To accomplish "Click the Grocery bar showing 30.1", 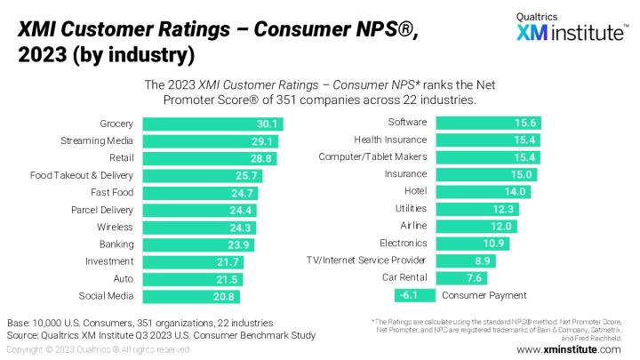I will pyautogui.click(x=212, y=124).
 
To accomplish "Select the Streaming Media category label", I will pyautogui.click(x=97, y=140).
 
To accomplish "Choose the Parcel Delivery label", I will pyautogui.click(x=102, y=210).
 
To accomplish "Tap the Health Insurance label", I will pyautogui.click(x=390, y=140).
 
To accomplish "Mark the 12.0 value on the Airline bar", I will pyautogui.click(x=504, y=226).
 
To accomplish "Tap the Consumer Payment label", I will pyautogui.click(x=484, y=295).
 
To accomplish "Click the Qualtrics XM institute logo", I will pyautogui.click(x=569, y=28).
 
